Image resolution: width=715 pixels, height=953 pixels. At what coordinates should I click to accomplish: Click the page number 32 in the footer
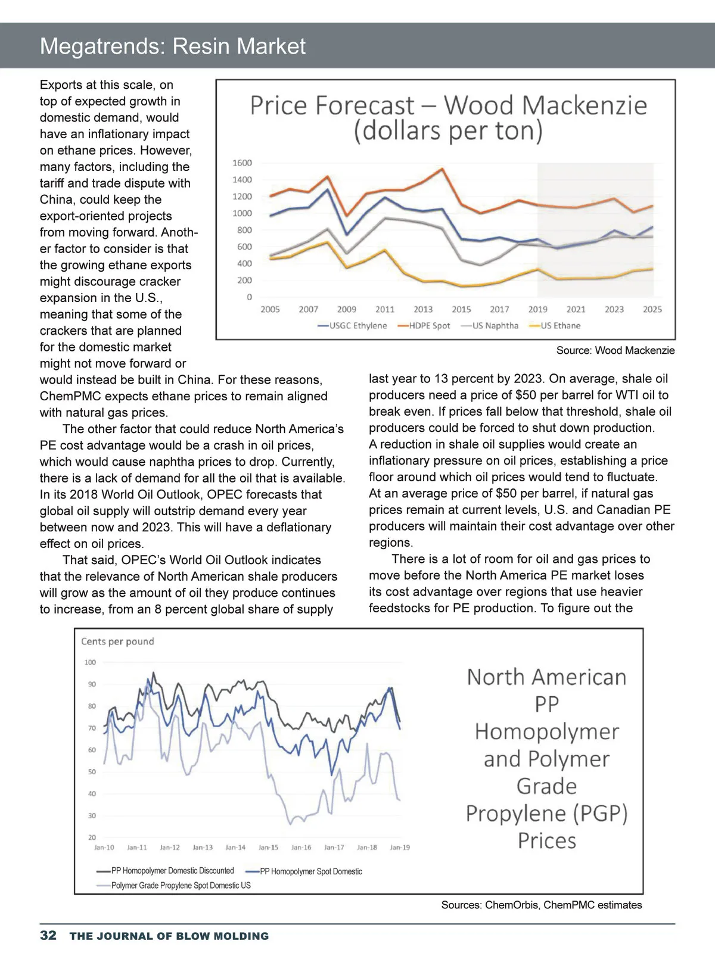pyautogui.click(x=48, y=935)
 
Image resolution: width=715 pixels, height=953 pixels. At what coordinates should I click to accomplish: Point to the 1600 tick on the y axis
pyautogui.click(x=242, y=163)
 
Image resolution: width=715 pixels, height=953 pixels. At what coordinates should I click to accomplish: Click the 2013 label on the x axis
pyautogui.click(x=423, y=309)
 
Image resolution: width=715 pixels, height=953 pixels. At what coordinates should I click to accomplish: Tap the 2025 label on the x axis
pyautogui.click(x=652, y=309)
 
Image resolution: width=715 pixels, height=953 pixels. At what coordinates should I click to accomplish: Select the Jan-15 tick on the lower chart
pyautogui.click(x=268, y=847)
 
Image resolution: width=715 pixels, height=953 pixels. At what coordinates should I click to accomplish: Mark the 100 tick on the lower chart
pyautogui.click(x=90, y=662)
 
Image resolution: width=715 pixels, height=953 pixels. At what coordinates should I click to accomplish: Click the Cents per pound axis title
pyautogui.click(x=117, y=641)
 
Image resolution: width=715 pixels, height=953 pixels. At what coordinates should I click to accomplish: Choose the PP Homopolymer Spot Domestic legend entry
pyautogui.click(x=310, y=871)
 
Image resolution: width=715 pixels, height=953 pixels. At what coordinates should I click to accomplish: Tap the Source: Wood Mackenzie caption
pyautogui.click(x=615, y=350)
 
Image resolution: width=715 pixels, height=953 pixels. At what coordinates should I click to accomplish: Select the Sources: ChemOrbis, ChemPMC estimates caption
pyautogui.click(x=542, y=905)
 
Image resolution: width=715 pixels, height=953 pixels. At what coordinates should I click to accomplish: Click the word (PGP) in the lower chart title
pyautogui.click(x=599, y=813)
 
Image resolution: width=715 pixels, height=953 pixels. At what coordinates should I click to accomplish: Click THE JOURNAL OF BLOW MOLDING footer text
pyautogui.click(x=169, y=936)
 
